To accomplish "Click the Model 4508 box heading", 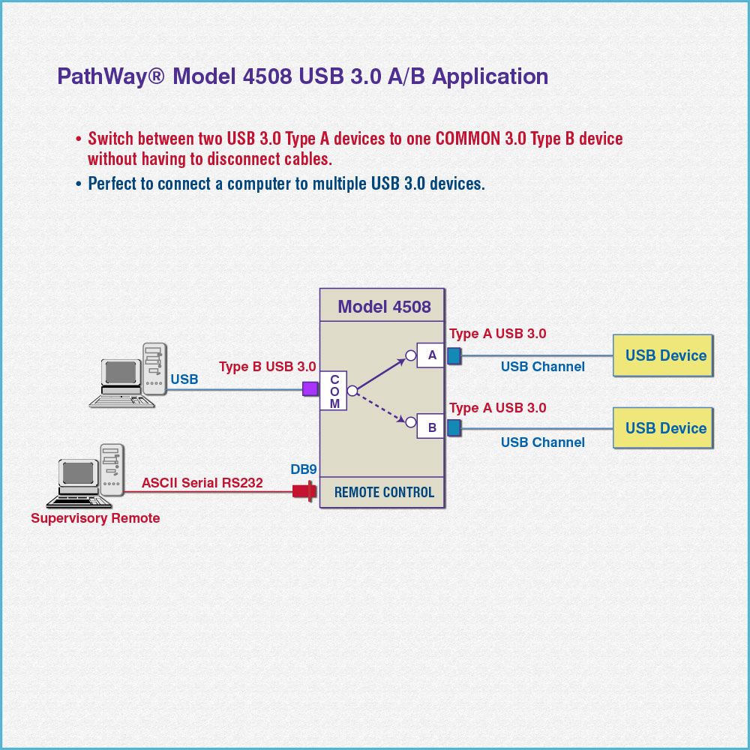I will [x=384, y=307].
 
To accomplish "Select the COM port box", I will [x=334, y=391].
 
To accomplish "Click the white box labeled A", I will [x=431, y=355].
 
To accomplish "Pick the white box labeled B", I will [x=431, y=427].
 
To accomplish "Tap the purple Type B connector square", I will [x=310, y=388].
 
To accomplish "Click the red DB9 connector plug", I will [x=302, y=492].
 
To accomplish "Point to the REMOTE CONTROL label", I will [x=384, y=493].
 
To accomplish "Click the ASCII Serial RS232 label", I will [x=202, y=483].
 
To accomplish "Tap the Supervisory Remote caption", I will [x=95, y=518].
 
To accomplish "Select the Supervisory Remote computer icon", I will [x=86, y=477].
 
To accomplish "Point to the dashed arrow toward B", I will [x=382, y=406].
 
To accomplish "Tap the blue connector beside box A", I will [x=454, y=355].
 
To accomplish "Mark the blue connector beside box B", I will [x=454, y=427].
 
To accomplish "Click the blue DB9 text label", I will [x=304, y=469].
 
